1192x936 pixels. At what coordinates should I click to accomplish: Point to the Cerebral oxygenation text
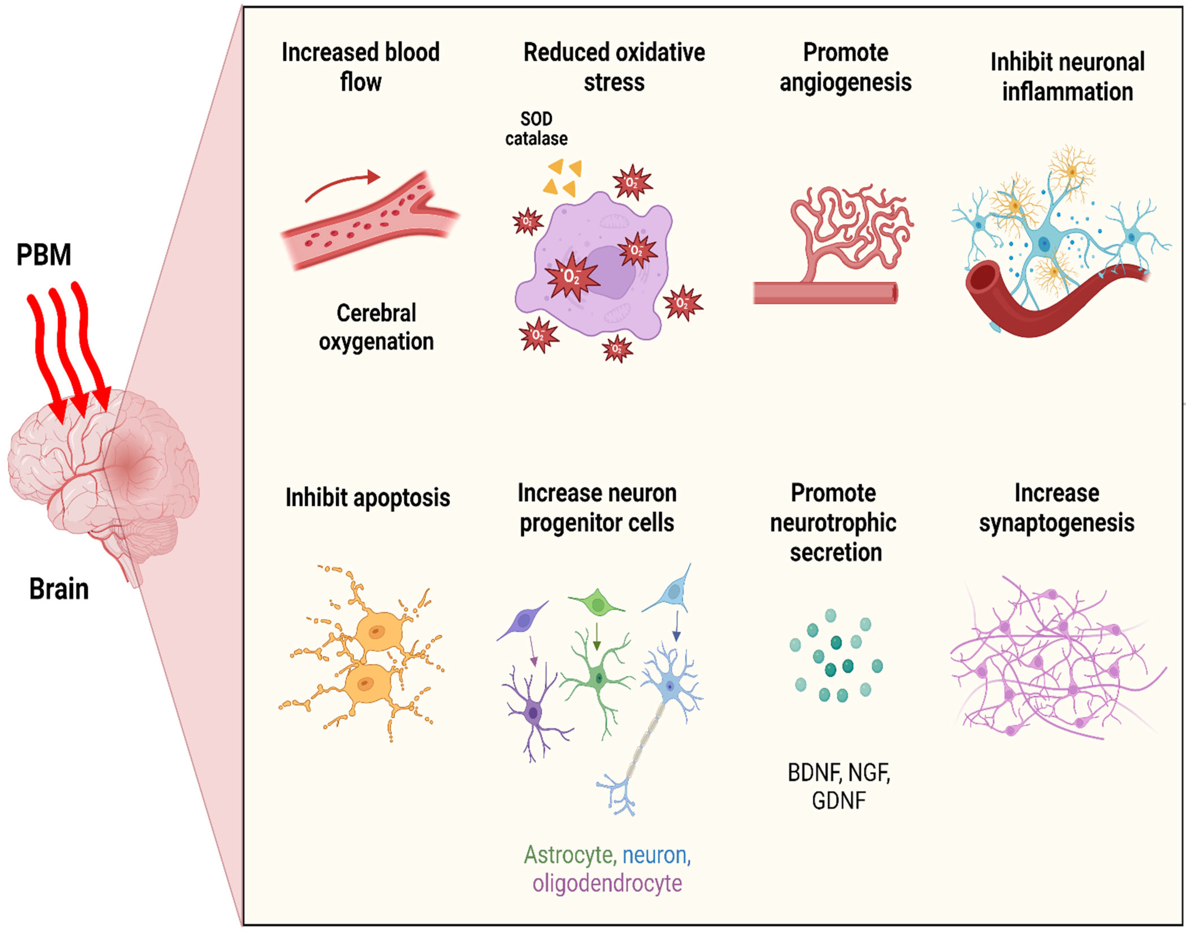376,327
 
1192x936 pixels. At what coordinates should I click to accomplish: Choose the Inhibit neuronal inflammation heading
1067,77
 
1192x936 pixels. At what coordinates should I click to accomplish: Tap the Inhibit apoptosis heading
367,498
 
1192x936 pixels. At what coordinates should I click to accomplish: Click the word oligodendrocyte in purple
607,883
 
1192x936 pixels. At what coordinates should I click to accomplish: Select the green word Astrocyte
568,855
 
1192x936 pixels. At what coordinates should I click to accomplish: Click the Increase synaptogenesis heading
1056,507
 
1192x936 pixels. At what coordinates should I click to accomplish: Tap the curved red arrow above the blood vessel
343,184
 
